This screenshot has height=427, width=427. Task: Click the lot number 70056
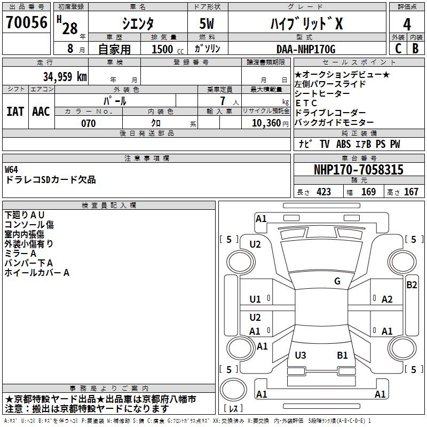point(26,23)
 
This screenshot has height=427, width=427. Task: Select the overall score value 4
point(407,24)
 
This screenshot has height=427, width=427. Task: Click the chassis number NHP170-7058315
point(358,170)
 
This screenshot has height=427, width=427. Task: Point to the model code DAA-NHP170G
point(305,50)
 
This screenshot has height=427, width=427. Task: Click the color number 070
point(88,123)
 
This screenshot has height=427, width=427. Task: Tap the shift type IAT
point(15,112)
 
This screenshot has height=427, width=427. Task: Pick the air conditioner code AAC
point(41,112)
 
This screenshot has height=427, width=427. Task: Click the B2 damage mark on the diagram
point(412,285)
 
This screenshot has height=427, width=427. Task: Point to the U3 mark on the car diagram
point(301,355)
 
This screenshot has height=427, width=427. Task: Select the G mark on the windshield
point(337,281)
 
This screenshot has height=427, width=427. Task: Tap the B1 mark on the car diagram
point(342,355)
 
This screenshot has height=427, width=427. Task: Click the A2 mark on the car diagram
point(387,299)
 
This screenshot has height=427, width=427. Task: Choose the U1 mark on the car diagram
point(255,299)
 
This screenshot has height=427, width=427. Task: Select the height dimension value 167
point(411,192)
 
